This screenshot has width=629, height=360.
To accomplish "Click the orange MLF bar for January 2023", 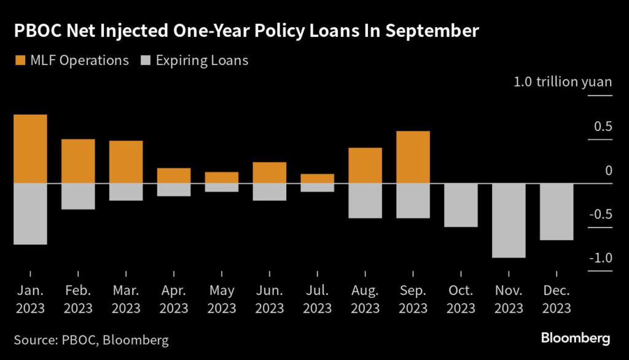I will pyautogui.click(x=30, y=149).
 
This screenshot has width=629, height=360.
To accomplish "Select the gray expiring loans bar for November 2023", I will pyautogui.click(x=509, y=220).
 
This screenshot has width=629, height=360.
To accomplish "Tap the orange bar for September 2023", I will pyautogui.click(x=413, y=157).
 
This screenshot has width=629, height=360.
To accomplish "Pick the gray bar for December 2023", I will pyautogui.click(x=557, y=211).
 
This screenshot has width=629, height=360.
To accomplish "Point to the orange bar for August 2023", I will pyautogui.click(x=365, y=165).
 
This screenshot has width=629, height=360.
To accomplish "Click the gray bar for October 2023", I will pyautogui.click(x=461, y=205).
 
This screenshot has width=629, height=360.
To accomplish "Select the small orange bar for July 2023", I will pyautogui.click(x=317, y=178).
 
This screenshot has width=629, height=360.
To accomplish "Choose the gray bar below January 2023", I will pyautogui.click(x=30, y=213).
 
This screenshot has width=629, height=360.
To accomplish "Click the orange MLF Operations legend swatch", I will pyautogui.click(x=20, y=60).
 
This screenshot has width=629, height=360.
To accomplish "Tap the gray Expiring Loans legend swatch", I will pyautogui.click(x=146, y=60).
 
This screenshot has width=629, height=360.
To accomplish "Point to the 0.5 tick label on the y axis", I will pyautogui.click(x=603, y=127).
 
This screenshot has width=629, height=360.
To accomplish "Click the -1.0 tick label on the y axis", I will pyautogui.click(x=600, y=258).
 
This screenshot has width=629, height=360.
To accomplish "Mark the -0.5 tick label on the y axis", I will pyautogui.click(x=600, y=214).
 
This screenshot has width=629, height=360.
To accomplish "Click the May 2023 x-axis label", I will pyautogui.click(x=221, y=299).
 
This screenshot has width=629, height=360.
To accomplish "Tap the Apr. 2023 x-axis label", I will pyautogui.click(x=173, y=299).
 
